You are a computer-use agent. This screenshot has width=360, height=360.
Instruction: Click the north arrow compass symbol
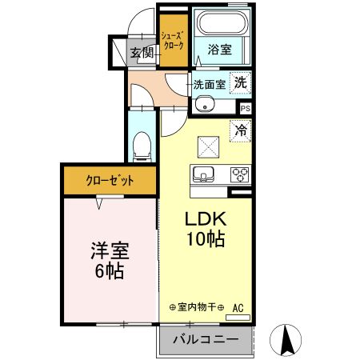coord(286,340)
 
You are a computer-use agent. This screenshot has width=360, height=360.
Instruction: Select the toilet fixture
coord(142,146)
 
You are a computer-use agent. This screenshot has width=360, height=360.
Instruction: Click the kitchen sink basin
coord(203,174)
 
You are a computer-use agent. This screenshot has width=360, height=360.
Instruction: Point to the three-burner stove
coord(240,174)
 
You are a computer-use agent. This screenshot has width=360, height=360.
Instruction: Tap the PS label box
coord(246,109)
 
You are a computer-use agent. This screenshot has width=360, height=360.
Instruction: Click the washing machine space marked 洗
coord(240,82)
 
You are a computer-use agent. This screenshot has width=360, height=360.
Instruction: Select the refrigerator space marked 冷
coord(240,130)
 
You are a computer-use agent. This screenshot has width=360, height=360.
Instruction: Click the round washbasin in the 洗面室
coord(205,104)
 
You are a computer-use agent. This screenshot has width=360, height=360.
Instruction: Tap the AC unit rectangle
coord(238,318)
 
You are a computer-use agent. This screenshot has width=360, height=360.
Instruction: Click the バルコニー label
coord(206,340)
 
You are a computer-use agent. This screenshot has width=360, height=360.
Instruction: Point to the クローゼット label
coord(110,181)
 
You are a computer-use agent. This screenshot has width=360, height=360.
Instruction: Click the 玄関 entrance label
coord(142,53)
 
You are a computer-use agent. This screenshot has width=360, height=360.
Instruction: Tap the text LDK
coord(206,219)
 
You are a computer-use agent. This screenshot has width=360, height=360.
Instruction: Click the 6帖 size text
coord(110,270)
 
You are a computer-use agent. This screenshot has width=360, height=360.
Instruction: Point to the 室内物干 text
coord(197,307)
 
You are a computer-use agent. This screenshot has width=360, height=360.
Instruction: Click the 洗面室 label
coord(210,85)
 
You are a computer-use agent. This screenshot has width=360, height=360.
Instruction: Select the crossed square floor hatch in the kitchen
coord(208,147)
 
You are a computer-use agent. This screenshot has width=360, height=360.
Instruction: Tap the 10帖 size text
coord(206,238)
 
